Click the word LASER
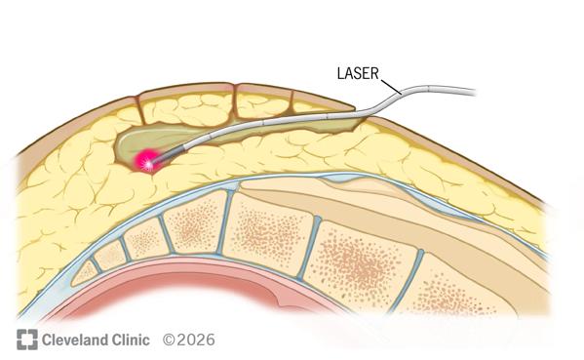click(x=358, y=73)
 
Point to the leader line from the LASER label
click(x=391, y=86)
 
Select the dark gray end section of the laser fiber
click(x=169, y=154)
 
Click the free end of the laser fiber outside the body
click(x=475, y=92)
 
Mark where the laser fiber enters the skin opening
click(x=361, y=113)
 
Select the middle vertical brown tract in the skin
click(x=235, y=100)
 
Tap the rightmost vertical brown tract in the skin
click(x=292, y=101)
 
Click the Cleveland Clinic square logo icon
click(x=27, y=340)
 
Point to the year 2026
click(x=195, y=340)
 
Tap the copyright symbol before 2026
click(x=169, y=340)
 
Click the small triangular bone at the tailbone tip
click(x=84, y=274)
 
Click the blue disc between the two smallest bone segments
click(x=97, y=265)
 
